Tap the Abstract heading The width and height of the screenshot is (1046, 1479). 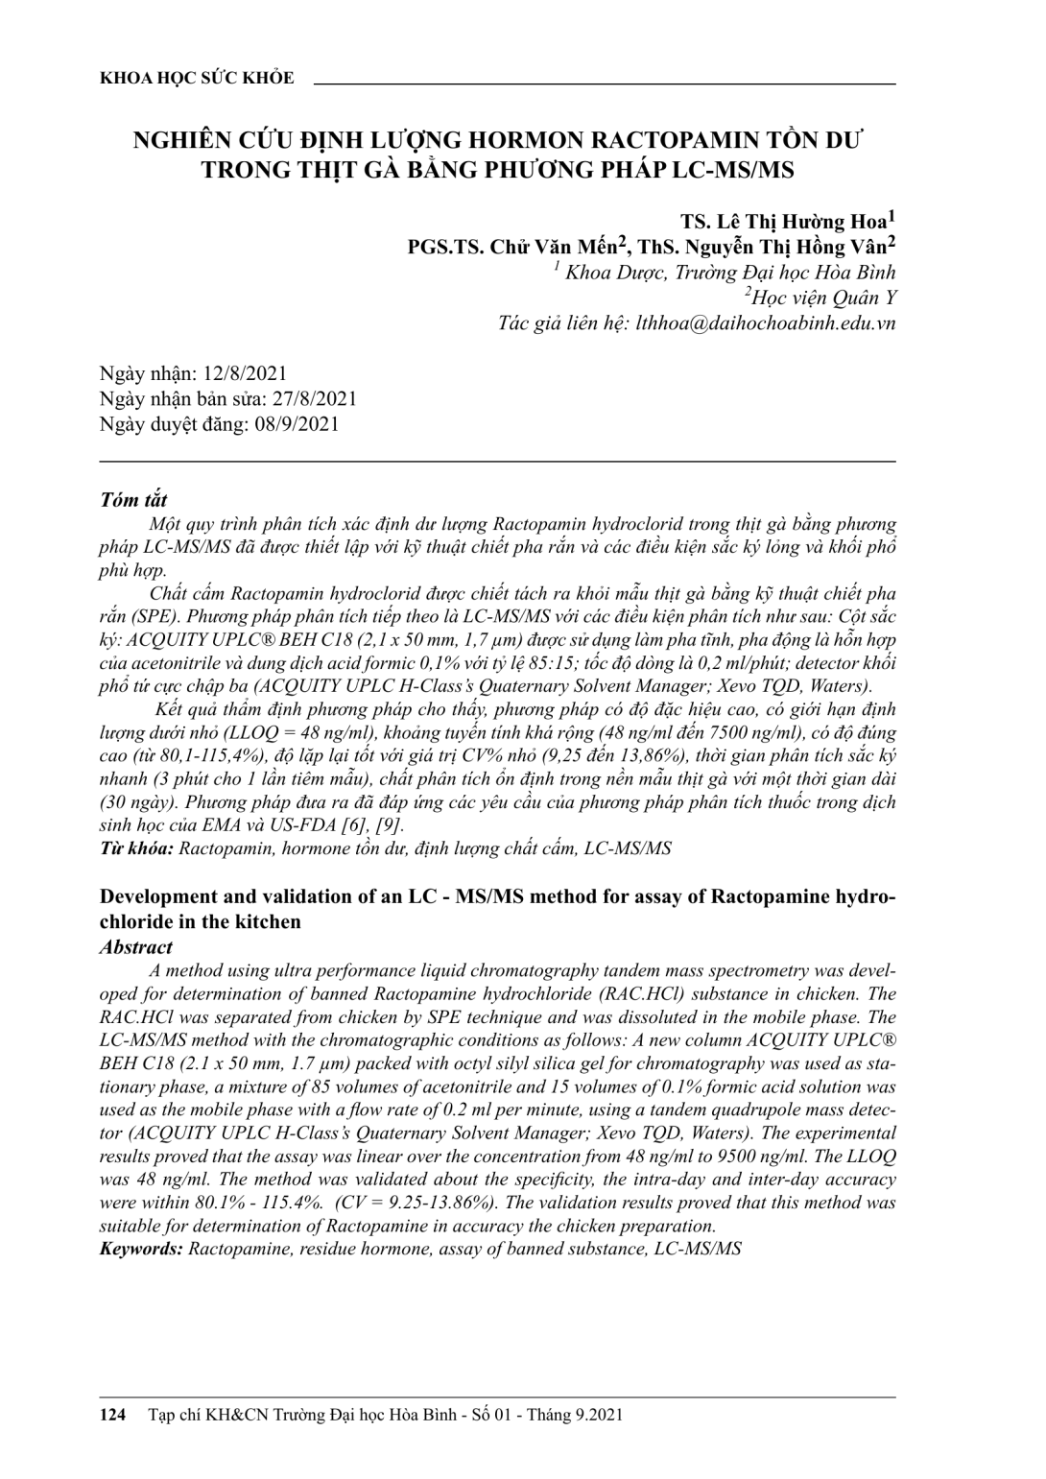(x=136, y=947)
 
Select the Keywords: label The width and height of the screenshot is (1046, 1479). (x=141, y=1249)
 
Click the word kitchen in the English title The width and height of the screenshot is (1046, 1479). (x=271, y=922)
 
